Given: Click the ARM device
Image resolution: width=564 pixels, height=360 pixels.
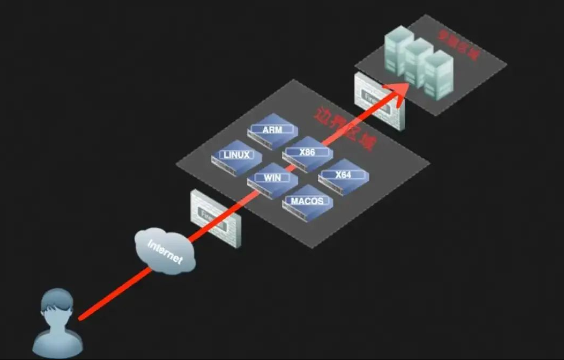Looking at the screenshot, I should tap(272, 131).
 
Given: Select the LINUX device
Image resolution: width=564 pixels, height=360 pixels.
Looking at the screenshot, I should tap(236, 156).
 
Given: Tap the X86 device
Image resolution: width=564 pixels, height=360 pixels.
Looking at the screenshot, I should tap(308, 153).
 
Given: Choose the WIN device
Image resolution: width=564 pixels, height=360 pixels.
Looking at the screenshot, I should tap(272, 179).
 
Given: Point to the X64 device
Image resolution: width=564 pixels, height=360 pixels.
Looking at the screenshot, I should tap(343, 176).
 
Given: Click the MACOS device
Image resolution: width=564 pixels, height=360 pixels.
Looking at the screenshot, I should tap(307, 202).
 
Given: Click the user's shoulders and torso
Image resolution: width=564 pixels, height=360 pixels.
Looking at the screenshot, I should tap(58, 338).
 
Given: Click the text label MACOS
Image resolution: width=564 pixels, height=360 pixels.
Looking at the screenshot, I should tap(307, 201).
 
